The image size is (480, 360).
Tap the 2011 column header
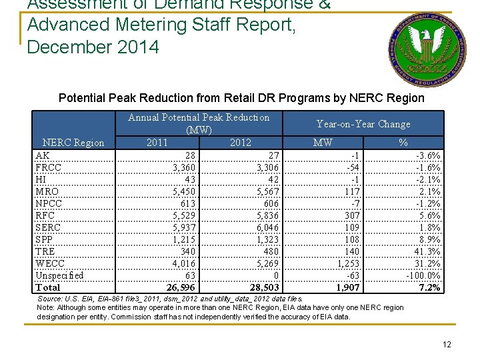157,142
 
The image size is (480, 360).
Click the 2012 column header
240,142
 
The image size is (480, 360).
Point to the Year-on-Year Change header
363,124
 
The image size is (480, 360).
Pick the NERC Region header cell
73,142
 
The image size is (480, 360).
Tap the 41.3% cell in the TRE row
427,251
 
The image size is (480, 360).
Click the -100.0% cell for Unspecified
423,275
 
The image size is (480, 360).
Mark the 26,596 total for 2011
181,287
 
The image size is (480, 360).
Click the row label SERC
48,227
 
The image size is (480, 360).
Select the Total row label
47,287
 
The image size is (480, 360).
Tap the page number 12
446,345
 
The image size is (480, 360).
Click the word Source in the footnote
49,299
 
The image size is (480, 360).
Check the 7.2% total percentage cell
429,287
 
